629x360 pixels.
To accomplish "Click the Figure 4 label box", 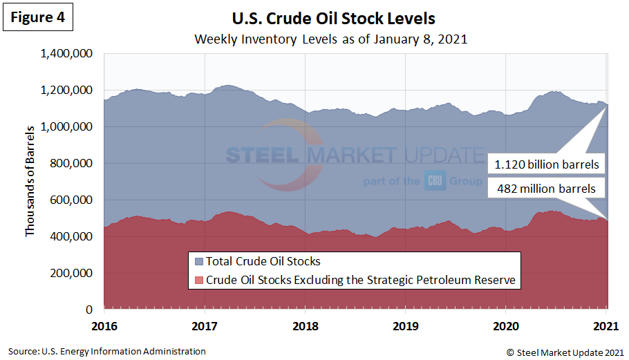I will (38, 19).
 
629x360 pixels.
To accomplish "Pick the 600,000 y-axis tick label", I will (72, 200).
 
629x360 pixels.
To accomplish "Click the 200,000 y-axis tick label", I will (72, 273).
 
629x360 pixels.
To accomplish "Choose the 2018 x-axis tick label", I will (305, 325).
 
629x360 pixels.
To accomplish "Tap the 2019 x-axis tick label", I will (406, 325).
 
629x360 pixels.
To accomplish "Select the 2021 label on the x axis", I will (606, 325).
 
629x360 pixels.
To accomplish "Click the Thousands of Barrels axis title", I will (30, 182).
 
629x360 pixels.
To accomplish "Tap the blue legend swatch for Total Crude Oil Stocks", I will (200, 262).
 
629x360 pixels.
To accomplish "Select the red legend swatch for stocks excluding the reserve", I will (200, 280).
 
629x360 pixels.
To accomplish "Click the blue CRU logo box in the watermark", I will (434, 181).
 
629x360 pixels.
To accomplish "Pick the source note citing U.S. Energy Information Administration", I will (107, 351).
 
